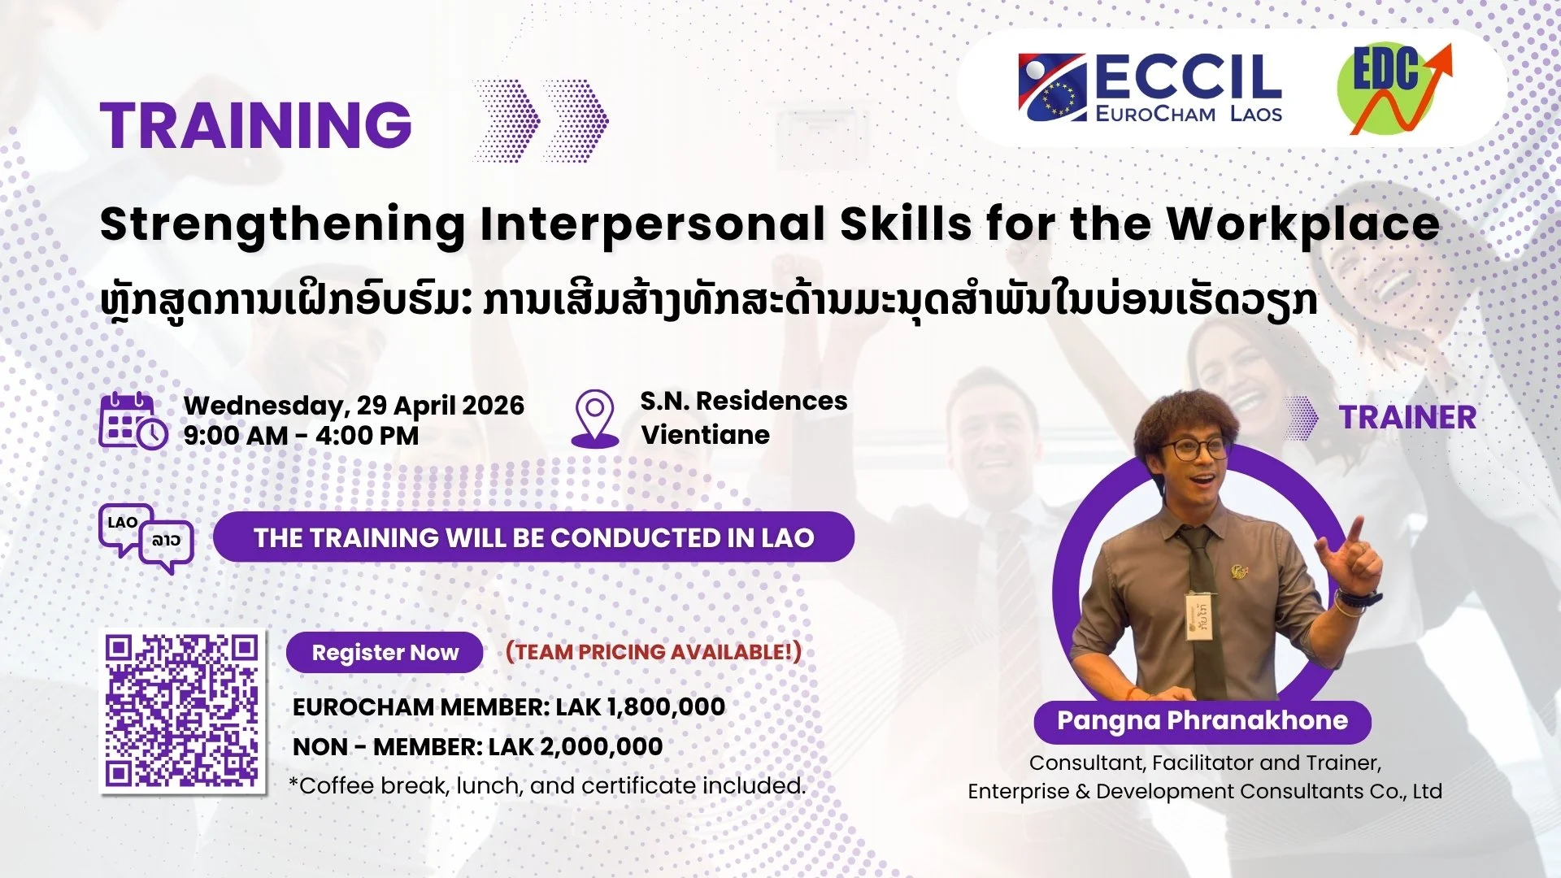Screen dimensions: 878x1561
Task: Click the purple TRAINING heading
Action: [x=256, y=125]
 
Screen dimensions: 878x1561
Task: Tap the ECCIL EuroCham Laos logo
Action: [x=1149, y=88]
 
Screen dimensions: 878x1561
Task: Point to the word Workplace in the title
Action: [x=1303, y=224]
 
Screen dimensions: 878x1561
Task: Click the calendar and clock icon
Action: [x=133, y=420]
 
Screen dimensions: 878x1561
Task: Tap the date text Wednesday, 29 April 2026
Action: [x=354, y=405]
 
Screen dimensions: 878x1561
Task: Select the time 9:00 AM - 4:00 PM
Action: [x=301, y=436]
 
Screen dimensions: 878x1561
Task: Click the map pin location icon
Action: [x=595, y=418]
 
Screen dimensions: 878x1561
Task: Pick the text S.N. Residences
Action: [x=743, y=401]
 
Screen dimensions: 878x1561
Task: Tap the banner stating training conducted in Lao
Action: [x=533, y=537]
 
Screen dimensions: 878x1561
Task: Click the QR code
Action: [x=183, y=712]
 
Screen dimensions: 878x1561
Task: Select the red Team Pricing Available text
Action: [x=653, y=652]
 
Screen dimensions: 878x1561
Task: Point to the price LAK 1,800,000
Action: [x=640, y=706]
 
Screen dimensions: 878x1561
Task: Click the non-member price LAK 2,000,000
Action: [x=575, y=746]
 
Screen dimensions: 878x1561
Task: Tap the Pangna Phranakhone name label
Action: [x=1202, y=721]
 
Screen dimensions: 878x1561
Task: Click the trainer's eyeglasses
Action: [x=1195, y=448]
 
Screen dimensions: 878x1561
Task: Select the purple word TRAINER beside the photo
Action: [x=1407, y=418]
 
